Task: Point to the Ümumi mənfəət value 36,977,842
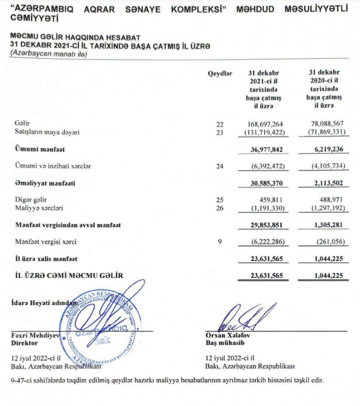(x=263, y=149)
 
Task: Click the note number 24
(x=219, y=166)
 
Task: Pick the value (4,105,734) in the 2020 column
(x=323, y=166)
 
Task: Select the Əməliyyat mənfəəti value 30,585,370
(x=263, y=183)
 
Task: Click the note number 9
(x=219, y=242)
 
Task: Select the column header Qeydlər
(x=219, y=73)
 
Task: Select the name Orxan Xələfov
(x=228, y=334)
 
